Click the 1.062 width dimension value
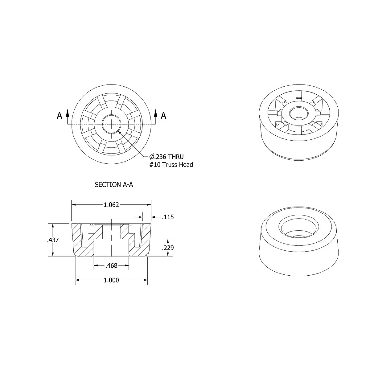pyautogui.click(x=111, y=205)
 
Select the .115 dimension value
pyautogui.click(x=168, y=217)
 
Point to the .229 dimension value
pyautogui.click(x=168, y=248)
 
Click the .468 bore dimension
pyautogui.click(x=111, y=265)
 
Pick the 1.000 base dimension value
pyautogui.click(x=111, y=280)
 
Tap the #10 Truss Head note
pyautogui.click(x=171, y=165)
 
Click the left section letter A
pyautogui.click(x=60, y=116)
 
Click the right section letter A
pyautogui.click(x=164, y=116)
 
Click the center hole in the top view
pyautogui.click(x=111, y=124)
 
